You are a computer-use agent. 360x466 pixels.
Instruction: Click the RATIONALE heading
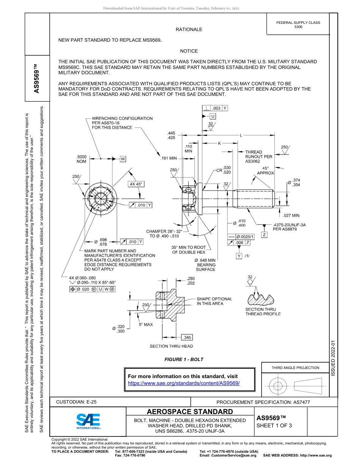[x=189, y=30]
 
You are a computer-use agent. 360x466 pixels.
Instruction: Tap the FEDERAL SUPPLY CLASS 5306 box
[x=298, y=25]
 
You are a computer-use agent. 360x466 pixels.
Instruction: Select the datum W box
[x=123, y=159]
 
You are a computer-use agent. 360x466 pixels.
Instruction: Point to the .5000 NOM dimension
[x=81, y=159]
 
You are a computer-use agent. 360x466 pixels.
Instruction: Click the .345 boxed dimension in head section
[x=187, y=337]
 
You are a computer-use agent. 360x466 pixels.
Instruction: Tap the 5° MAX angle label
[x=146, y=325]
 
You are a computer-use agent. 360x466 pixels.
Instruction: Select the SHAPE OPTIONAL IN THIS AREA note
[x=214, y=301]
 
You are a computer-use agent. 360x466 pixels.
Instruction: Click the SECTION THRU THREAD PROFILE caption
[x=263, y=311]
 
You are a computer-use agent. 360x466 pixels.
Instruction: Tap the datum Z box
[x=264, y=235]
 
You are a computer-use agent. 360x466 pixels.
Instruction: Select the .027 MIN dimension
[x=291, y=216]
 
